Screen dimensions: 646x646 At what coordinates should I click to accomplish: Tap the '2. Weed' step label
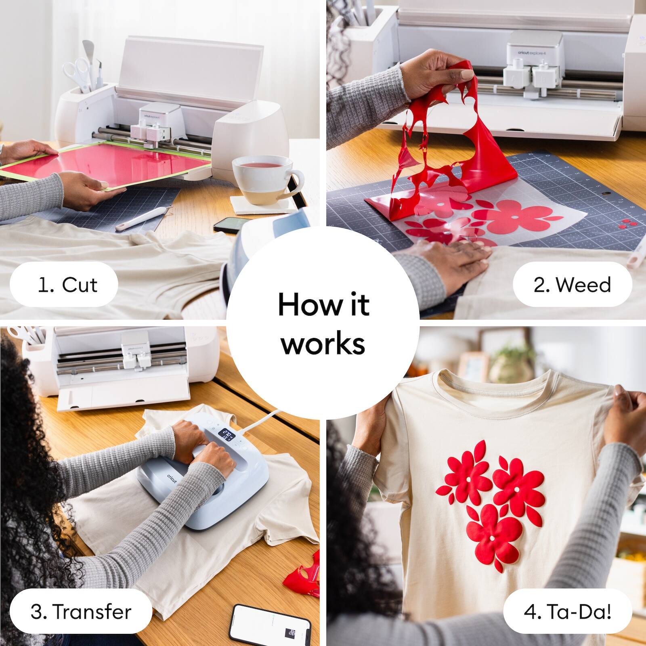(x=572, y=285)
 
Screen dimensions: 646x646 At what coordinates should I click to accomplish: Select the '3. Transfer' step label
(x=81, y=611)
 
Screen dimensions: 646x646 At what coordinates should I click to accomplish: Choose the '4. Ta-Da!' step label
(x=567, y=611)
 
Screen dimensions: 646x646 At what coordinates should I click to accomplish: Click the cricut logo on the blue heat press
(x=172, y=478)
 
